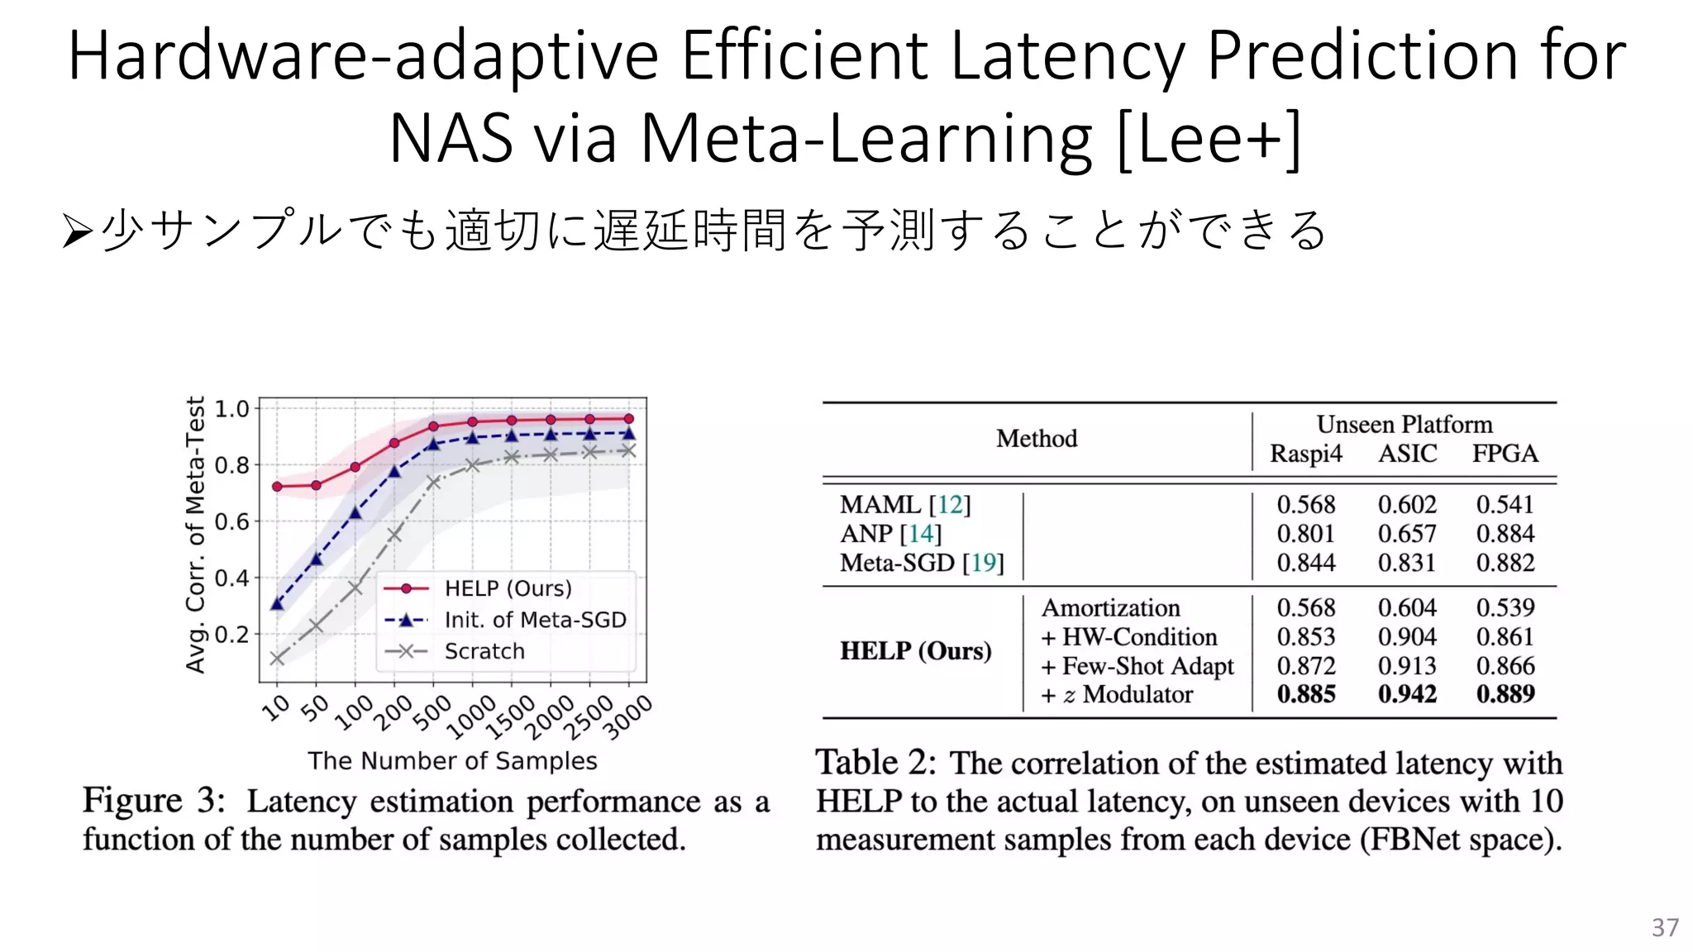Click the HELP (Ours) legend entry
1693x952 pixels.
pyautogui.click(x=508, y=588)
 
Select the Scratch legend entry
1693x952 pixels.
pyautogui.click(x=484, y=651)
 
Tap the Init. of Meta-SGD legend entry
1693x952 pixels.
pyautogui.click(x=535, y=620)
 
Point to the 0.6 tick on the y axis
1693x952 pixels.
pyautogui.click(x=231, y=521)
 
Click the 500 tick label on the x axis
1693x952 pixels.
pyautogui.click(x=432, y=712)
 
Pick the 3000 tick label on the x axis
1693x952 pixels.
pyautogui.click(x=628, y=716)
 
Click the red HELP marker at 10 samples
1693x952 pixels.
pyautogui.click(x=277, y=487)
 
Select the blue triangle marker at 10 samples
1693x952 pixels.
pyautogui.click(x=277, y=604)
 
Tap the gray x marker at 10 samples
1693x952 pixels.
pyautogui.click(x=277, y=659)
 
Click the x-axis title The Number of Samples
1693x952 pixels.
pyautogui.click(x=452, y=760)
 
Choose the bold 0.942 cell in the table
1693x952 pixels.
pyautogui.click(x=1407, y=694)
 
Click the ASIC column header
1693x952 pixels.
pyautogui.click(x=1407, y=454)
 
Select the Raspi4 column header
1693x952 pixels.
pyautogui.click(x=1306, y=454)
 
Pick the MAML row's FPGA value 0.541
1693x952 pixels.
pyautogui.click(x=1505, y=504)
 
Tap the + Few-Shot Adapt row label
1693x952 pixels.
pyautogui.click(x=1138, y=666)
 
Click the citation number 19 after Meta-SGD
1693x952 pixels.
pyautogui.click(x=983, y=563)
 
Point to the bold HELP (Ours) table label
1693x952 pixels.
pyautogui.click(x=916, y=651)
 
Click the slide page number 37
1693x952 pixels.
pyautogui.click(x=1665, y=927)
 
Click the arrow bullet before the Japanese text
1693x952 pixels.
pyautogui.click(x=77, y=231)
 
